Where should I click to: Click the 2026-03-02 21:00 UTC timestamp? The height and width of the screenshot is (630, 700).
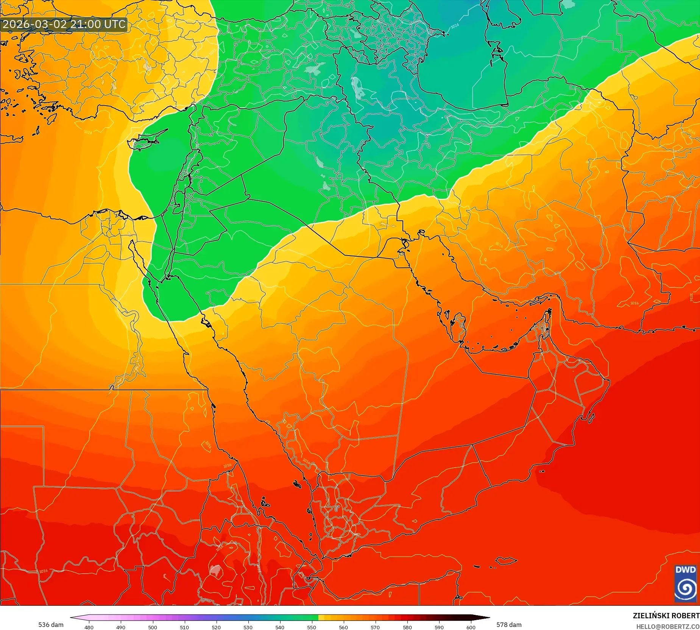coord(64,24)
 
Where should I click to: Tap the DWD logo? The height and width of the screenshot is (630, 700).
coord(685,583)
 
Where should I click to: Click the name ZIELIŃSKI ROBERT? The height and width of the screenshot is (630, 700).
coord(666,616)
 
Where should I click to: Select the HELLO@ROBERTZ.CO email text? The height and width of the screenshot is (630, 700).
coord(667,627)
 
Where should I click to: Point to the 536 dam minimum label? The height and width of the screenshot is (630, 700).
coord(51,625)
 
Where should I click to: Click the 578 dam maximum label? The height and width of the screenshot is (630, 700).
coord(509,625)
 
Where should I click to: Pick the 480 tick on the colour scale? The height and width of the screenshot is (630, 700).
coord(89,627)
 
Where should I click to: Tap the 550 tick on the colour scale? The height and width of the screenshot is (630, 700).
coord(312,627)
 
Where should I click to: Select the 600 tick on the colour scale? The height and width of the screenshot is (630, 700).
coord(471,627)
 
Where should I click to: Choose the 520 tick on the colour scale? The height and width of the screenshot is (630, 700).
coord(216,627)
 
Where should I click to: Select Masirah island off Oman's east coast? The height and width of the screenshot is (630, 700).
coord(591,418)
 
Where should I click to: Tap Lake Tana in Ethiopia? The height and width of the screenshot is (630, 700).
coord(215,570)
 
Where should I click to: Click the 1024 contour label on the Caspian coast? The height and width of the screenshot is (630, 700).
coord(455,26)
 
